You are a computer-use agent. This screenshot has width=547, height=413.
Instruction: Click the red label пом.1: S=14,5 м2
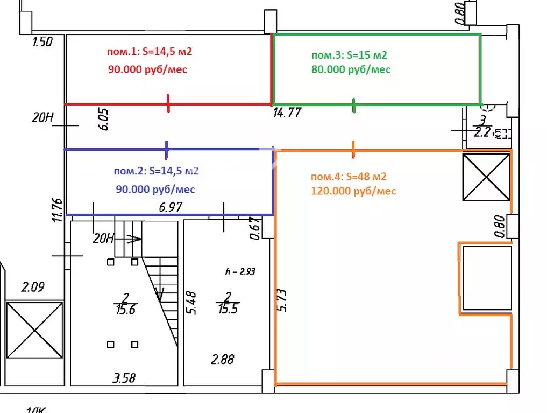(x=150, y=52)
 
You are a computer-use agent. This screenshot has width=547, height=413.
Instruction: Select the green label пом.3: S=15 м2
(x=350, y=55)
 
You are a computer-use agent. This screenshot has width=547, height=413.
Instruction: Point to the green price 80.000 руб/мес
(x=351, y=69)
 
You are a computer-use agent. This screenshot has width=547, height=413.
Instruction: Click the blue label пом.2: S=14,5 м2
(x=157, y=171)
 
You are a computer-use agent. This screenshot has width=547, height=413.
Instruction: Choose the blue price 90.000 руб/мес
(x=155, y=190)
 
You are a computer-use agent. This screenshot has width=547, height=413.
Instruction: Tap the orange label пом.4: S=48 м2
(x=349, y=177)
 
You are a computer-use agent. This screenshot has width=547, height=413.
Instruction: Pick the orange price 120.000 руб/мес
(x=353, y=191)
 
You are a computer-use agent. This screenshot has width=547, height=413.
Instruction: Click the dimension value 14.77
(x=287, y=113)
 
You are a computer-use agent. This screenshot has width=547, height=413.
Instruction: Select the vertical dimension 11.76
(x=59, y=210)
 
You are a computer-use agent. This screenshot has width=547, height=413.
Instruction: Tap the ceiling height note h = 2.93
(x=240, y=271)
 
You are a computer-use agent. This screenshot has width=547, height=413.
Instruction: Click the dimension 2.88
(x=222, y=359)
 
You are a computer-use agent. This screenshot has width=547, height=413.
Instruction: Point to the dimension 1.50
(x=42, y=41)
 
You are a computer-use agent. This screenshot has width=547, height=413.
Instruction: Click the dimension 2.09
(x=33, y=287)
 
